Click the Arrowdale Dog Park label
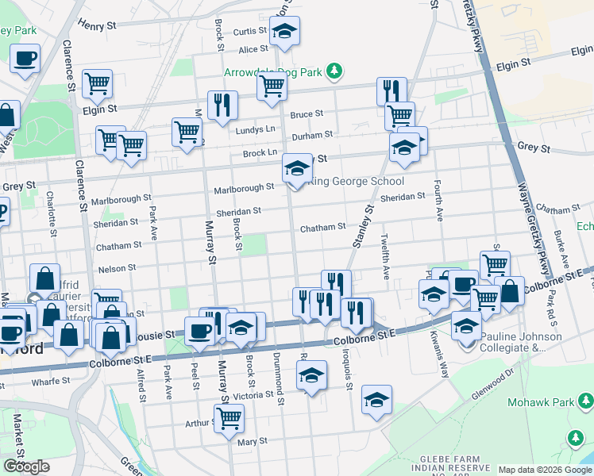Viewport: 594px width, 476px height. click(283, 72)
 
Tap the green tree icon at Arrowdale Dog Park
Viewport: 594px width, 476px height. click(335, 71)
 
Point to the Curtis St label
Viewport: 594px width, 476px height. click(249, 32)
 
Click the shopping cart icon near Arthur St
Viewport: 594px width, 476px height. click(229, 417)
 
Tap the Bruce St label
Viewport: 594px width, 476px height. click(307, 114)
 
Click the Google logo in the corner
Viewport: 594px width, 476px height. click(26, 466)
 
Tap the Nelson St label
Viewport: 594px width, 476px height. click(117, 269)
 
